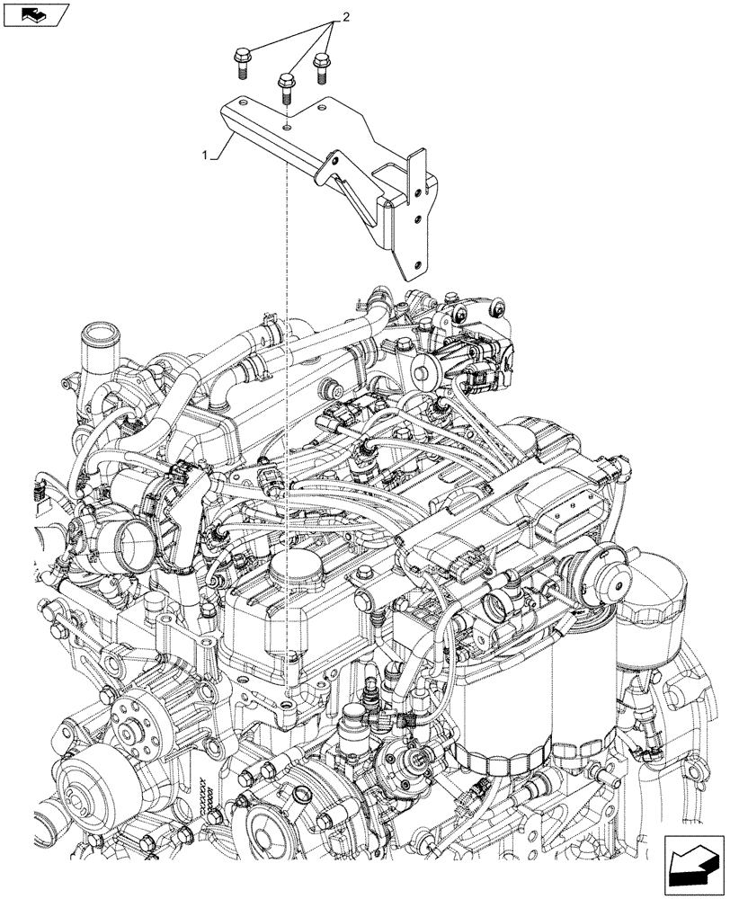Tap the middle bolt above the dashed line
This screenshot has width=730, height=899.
286,86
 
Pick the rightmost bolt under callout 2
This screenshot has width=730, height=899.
321,66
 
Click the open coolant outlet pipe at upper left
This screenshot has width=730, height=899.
95,344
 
